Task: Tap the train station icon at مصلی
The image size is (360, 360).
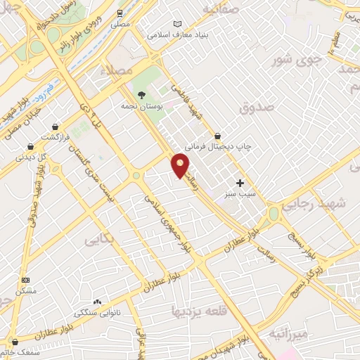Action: (x=120, y=13)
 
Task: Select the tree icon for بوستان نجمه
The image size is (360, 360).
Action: (x=141, y=94)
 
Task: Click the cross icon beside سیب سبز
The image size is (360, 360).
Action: (x=240, y=182)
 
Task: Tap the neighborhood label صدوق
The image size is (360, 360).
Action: (x=255, y=109)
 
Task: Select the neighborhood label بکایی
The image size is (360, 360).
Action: (x=99, y=240)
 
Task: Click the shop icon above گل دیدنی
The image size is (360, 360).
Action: (x=30, y=147)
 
